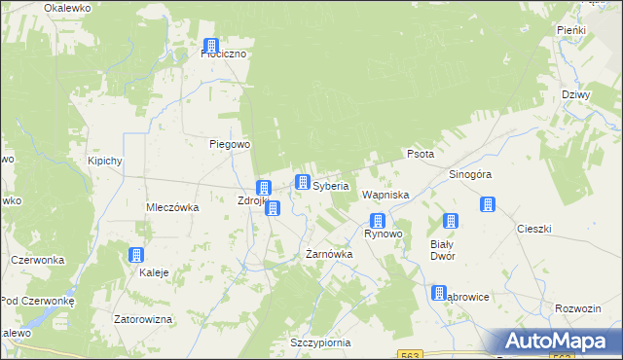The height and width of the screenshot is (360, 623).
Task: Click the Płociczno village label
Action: coord(223,54)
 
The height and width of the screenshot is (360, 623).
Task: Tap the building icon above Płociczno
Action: coord(211,45)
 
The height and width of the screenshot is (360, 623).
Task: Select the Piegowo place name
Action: coord(231,144)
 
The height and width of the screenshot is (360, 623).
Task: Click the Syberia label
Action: coord(331,185)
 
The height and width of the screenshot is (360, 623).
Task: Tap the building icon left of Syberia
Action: coord(303,183)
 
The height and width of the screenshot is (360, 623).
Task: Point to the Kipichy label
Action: coord(104,161)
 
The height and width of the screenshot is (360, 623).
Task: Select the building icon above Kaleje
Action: coord(135,255)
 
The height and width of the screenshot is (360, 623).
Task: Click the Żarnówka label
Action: coord(329,254)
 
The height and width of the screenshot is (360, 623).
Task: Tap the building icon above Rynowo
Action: coord(377,221)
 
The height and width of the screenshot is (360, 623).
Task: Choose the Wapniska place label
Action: coord(385,196)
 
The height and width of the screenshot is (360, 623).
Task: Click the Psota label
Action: coord(421,154)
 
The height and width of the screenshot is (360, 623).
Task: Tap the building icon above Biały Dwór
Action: coord(451,222)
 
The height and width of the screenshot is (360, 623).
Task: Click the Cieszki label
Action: coord(534,229)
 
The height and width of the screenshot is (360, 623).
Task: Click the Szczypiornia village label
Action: coord(319,343)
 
